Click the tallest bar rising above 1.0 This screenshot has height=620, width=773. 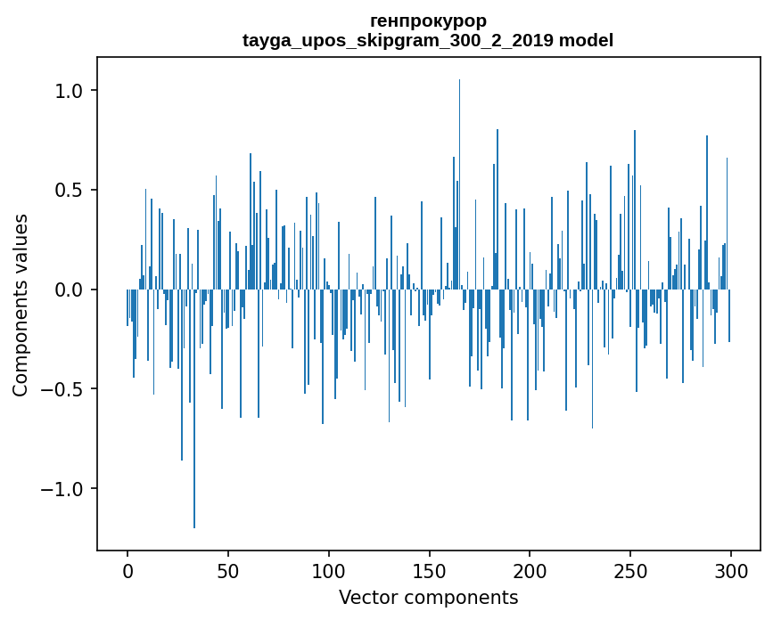pos(459,184)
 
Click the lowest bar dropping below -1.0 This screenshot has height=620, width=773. pos(194,409)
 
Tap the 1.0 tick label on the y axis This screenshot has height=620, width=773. pos(69,91)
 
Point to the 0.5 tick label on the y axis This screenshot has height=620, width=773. pos(69,190)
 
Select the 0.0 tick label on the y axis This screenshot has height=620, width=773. pos(69,290)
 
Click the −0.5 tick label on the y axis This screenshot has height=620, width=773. pos(62,389)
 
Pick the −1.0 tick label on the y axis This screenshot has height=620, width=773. pos(62,488)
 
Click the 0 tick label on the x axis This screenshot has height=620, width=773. pos(127,571)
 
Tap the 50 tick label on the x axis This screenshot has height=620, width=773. pos(227,571)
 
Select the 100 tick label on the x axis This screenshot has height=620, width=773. pos(328,571)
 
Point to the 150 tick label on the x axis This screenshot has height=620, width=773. pos(429,571)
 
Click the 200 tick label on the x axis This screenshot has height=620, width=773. pos(530,571)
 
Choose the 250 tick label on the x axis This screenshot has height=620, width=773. pos(630,571)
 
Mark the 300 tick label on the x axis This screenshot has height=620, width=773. pos(730,571)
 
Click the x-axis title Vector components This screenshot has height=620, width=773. pos(428,598)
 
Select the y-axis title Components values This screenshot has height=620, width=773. pos(20,306)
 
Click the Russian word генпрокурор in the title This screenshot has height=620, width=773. pos(428,21)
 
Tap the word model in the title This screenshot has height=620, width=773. pos(586,40)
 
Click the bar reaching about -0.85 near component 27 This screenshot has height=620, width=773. pos(182,375)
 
